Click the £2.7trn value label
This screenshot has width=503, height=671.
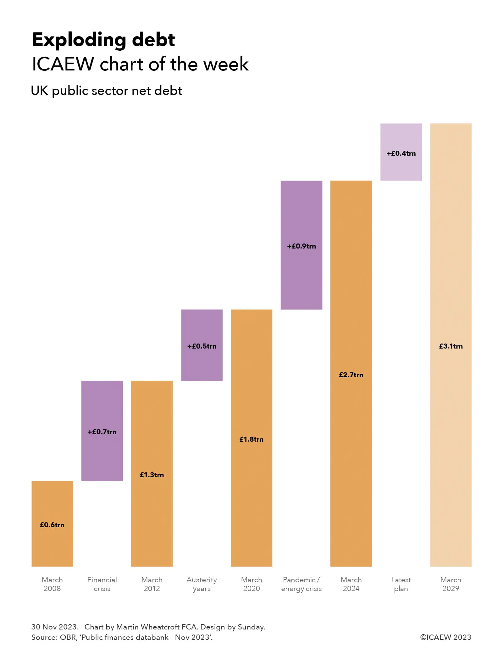(x=351, y=375)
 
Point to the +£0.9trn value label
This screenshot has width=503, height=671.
(x=301, y=246)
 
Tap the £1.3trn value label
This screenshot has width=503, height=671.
(x=152, y=475)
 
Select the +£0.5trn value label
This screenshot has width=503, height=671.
(x=202, y=346)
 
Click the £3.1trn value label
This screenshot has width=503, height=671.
(x=450, y=346)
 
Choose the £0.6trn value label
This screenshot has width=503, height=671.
(x=52, y=525)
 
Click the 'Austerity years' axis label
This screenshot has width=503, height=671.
(x=202, y=584)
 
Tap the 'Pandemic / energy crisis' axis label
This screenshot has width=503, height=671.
(x=301, y=584)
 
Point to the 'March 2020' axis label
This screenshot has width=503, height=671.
(x=251, y=584)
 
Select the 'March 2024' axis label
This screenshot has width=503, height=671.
(x=351, y=584)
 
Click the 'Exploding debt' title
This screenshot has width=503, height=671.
(x=103, y=40)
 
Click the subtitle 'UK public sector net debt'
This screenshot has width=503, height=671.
(x=107, y=91)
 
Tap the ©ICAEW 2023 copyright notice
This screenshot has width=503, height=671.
(x=445, y=637)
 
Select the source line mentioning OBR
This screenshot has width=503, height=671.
(x=122, y=637)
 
